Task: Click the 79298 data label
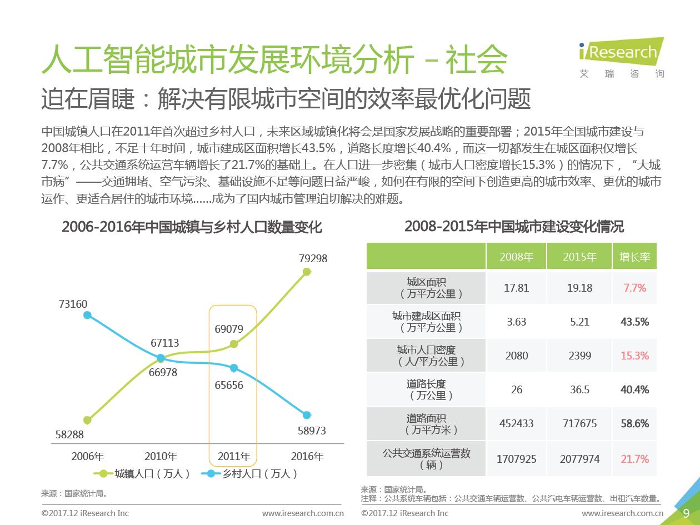pos(313,258)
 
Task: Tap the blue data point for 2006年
pos(87,315)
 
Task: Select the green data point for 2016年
pos(307,272)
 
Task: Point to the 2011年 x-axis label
pos(234,457)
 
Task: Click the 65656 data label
pos(229,384)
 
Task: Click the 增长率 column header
pos(634,257)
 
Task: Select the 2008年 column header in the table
pos(516,257)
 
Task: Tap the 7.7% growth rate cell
pos(634,288)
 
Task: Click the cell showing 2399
pos(579,356)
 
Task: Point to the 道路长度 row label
pos(426,389)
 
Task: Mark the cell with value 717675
pos(579,423)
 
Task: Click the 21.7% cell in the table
pos(634,459)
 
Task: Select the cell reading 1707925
pos(516,459)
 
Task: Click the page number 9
pos(686,513)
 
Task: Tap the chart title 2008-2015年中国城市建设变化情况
pos(514,226)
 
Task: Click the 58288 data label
pos(70,434)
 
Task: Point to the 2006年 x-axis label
pos(87,457)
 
